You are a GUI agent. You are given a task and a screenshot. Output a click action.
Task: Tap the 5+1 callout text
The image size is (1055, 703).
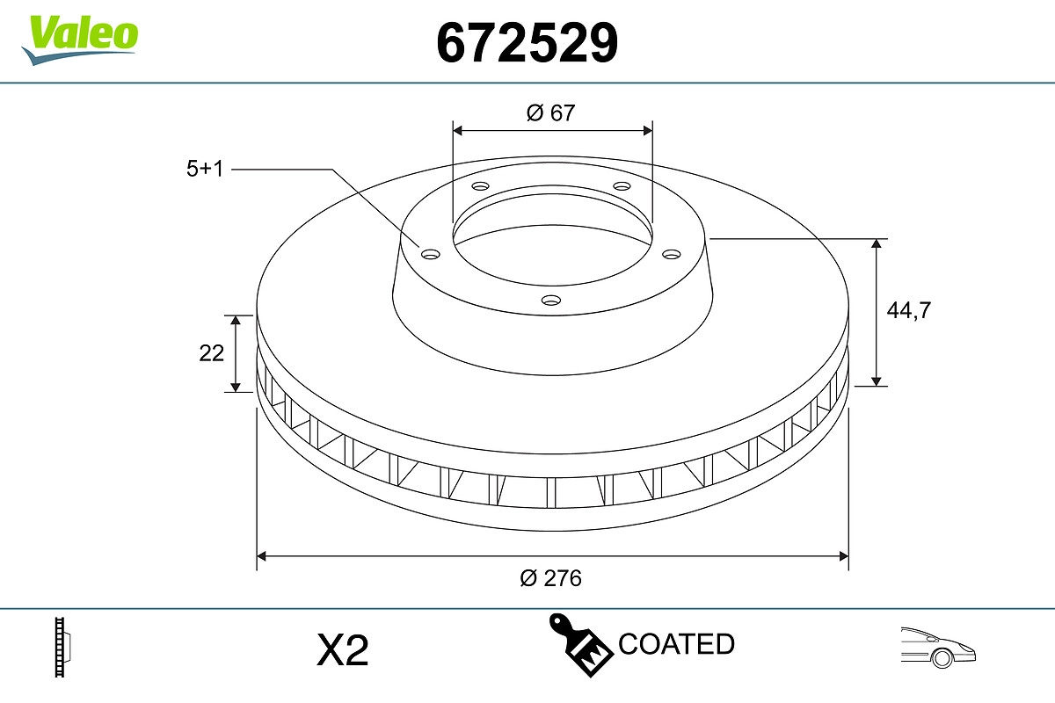(205, 169)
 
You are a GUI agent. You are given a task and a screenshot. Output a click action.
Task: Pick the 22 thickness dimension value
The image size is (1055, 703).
(212, 352)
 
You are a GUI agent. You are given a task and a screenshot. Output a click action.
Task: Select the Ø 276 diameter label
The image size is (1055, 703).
(550, 578)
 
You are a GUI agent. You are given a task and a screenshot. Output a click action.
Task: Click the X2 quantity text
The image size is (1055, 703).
(342, 651)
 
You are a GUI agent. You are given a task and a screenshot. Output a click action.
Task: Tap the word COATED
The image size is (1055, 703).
(676, 644)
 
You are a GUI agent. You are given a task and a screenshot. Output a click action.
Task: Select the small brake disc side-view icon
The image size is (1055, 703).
(62, 649)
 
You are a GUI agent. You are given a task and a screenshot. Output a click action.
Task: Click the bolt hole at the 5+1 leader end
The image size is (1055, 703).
(430, 255)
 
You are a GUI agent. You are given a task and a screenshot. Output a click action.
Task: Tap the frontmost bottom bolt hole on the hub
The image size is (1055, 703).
(551, 301)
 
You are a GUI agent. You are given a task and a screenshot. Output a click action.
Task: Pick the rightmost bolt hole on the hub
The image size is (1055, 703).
(672, 254)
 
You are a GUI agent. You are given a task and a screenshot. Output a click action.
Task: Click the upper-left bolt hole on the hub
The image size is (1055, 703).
(480, 186)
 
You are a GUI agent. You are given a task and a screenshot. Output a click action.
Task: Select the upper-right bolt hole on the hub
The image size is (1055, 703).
(622, 186)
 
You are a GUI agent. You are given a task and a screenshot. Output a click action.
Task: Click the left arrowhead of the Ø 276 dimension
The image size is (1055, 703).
(262, 555)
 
